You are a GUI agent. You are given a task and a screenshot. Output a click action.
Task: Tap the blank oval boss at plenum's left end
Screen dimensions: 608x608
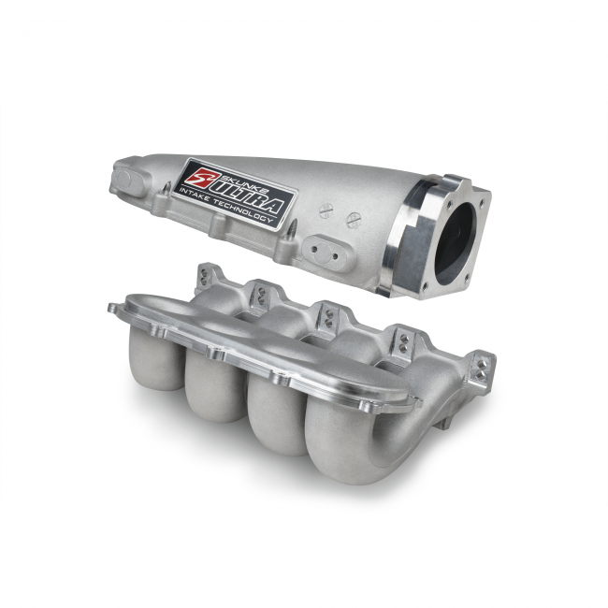pyautogui.click(x=124, y=180)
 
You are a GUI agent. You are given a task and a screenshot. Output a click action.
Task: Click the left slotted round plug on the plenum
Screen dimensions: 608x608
pyautogui.click(x=326, y=210)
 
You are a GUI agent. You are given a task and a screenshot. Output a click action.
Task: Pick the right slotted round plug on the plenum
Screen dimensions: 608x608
pyautogui.click(x=354, y=220)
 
